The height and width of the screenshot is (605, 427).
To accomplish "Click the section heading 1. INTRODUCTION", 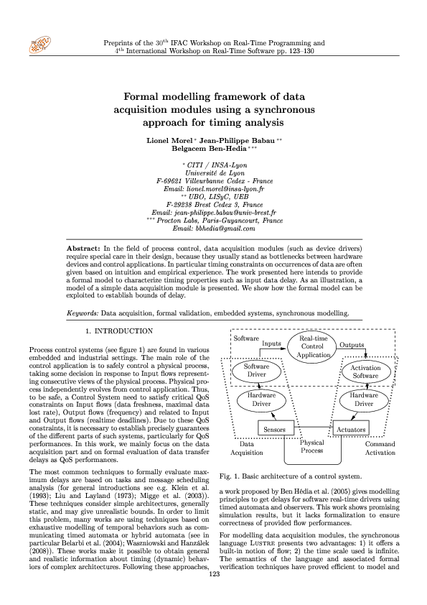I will point(118,331).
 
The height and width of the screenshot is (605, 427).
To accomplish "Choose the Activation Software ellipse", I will point(365,371).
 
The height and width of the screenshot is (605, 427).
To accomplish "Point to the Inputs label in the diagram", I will point(272,344).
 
